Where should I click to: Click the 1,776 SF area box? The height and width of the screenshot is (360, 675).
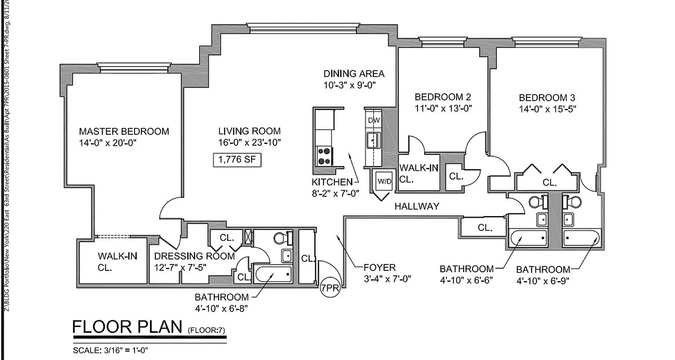tap(237, 160)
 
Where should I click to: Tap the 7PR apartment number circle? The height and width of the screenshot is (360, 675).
tap(330, 288)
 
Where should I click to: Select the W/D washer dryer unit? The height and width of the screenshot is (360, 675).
tap(384, 182)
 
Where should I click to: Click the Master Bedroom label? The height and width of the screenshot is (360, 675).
tap(124, 131)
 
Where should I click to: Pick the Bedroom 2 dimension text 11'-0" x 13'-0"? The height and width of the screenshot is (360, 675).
tap(443, 108)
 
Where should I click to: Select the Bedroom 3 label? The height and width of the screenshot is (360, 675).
tap(547, 98)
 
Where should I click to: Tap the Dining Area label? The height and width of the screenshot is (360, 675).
tap(354, 74)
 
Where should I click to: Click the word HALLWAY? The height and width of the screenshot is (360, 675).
tap(416, 207)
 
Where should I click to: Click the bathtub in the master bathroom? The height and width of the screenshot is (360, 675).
tap(273, 274)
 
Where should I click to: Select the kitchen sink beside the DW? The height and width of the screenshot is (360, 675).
tap(373, 140)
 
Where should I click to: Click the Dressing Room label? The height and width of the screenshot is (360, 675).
tap(194, 256)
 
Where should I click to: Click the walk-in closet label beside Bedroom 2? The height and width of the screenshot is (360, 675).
tap(418, 173)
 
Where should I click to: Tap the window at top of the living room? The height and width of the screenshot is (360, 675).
tap(303, 28)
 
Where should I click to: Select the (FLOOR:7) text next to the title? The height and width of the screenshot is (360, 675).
tap(206, 331)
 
